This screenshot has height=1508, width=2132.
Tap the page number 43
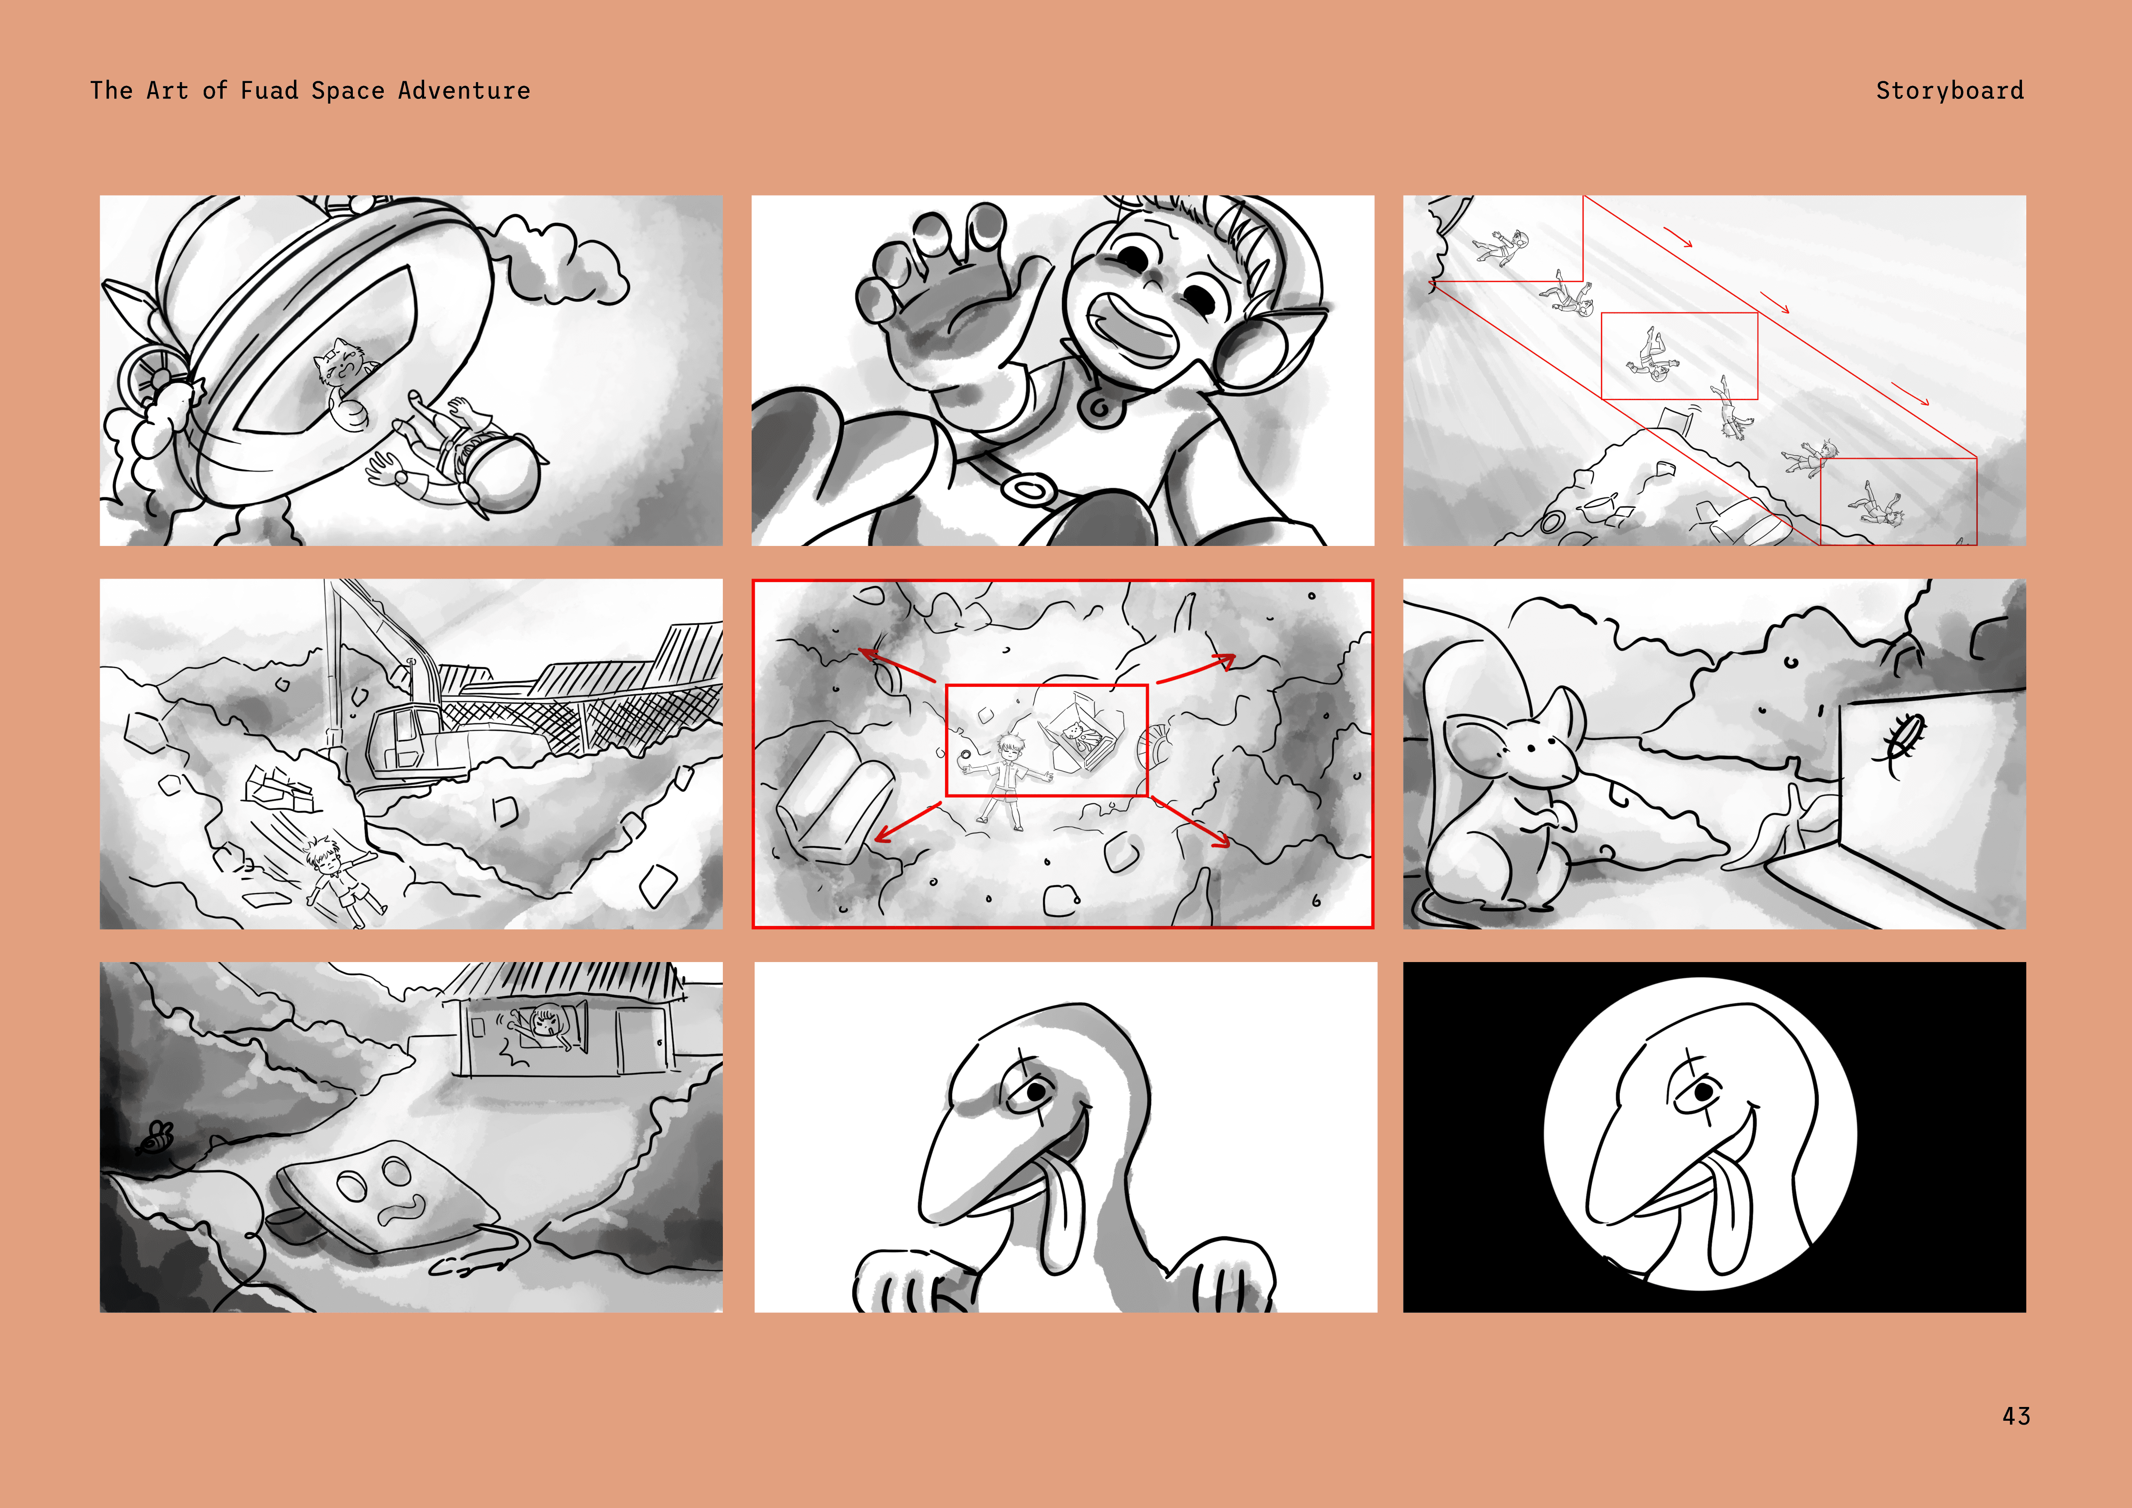[2016, 1416]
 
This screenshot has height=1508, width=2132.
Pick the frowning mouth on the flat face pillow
[401, 1210]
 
